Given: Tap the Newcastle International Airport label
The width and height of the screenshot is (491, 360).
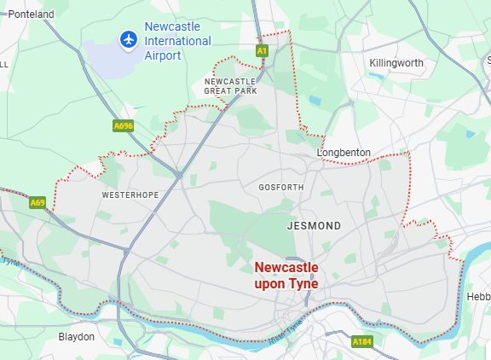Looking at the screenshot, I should pos(177,41).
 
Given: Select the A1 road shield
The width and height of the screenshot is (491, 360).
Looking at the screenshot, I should pos(263,51).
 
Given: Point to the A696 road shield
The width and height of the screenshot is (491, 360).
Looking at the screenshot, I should pos(124,126).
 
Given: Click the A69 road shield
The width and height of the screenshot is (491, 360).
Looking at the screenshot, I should pos(37,203).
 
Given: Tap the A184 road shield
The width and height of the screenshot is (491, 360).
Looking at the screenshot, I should pos(362,341).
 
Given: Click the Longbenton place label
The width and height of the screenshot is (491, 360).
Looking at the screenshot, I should pos(344,153).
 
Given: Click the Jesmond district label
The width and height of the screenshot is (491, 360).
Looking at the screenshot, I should pos(314,226).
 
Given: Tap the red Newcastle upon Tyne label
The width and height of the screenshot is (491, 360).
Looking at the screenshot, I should pos(286,276).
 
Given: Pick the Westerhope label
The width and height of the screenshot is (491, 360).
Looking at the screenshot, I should pos(130,195).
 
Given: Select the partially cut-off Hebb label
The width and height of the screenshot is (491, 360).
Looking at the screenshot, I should pos(478,296).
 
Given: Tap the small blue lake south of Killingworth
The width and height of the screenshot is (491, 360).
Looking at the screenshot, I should pos(316,101).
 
